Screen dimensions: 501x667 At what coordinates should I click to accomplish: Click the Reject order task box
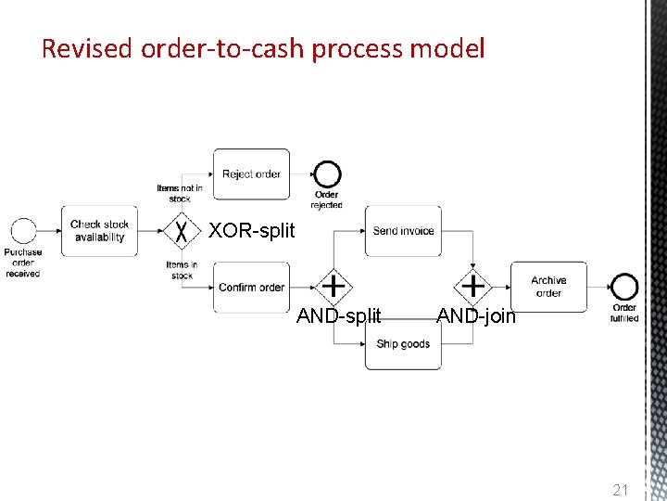pyautogui.click(x=251, y=173)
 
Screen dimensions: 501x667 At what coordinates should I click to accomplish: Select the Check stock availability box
pyautogui.click(x=99, y=230)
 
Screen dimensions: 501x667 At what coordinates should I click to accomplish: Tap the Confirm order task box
pyautogui.click(x=251, y=288)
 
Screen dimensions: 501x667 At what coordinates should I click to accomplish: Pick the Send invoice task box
pyautogui.click(x=403, y=231)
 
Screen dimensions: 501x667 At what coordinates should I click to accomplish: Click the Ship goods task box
pyautogui.click(x=403, y=344)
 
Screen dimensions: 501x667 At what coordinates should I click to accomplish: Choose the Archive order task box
pyautogui.click(x=548, y=287)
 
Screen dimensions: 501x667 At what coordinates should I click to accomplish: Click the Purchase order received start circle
pyautogui.click(x=22, y=231)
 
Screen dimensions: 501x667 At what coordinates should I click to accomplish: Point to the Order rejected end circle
pyautogui.click(x=326, y=174)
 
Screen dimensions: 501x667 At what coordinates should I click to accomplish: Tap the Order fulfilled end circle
pyautogui.click(x=624, y=287)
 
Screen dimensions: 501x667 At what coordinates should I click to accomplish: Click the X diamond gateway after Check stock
pyautogui.click(x=182, y=231)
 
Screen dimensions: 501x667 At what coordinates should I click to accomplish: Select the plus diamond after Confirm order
pyautogui.click(x=332, y=287)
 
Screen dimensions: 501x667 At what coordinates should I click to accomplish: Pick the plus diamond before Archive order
pyautogui.click(x=473, y=287)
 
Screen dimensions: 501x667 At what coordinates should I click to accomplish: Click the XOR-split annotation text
pyautogui.click(x=252, y=231)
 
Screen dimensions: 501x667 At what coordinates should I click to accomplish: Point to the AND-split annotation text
pyautogui.click(x=338, y=315)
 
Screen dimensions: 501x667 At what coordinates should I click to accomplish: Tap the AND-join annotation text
pyautogui.click(x=476, y=315)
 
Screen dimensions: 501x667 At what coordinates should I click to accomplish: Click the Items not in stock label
pyautogui.click(x=180, y=193)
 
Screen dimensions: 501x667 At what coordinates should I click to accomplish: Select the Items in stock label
pyautogui.click(x=182, y=270)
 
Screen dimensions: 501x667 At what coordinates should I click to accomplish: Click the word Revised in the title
pyautogui.click(x=88, y=48)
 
